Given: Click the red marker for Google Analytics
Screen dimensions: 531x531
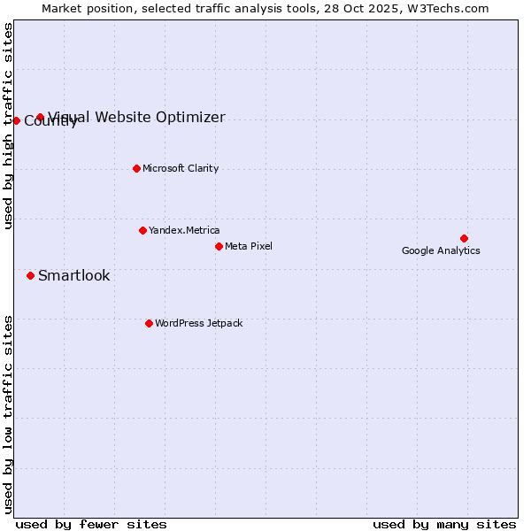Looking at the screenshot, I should click(464, 238).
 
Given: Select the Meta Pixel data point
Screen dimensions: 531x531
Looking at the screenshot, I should click(219, 246).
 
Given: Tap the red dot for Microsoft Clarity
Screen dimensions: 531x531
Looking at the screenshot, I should click(136, 168).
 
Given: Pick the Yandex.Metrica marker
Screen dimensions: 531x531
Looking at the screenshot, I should click(142, 230).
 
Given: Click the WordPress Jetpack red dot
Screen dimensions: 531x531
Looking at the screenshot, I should click(149, 323).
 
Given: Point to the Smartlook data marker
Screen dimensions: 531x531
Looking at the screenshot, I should click(30, 275).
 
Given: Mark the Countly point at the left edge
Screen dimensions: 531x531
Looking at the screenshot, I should click(16, 120).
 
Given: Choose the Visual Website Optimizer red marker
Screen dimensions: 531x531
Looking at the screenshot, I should click(40, 117).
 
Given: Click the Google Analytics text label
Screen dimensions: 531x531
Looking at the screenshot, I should click(441, 250).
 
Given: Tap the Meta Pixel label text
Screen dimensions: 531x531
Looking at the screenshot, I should click(249, 246).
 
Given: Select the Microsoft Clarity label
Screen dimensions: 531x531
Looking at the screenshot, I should click(181, 168).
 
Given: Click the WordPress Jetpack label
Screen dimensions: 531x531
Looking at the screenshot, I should click(198, 323).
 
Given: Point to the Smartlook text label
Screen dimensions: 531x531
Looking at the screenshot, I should click(74, 275).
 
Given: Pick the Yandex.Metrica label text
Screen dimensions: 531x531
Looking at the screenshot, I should click(184, 230).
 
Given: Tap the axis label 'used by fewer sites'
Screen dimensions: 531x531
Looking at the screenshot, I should click(91, 524).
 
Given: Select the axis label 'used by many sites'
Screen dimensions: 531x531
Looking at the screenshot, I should click(444, 524).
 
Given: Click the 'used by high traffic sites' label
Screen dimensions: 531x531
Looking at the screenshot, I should click(9, 126).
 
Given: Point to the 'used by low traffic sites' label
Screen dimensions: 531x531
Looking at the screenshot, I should click(9, 414).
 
